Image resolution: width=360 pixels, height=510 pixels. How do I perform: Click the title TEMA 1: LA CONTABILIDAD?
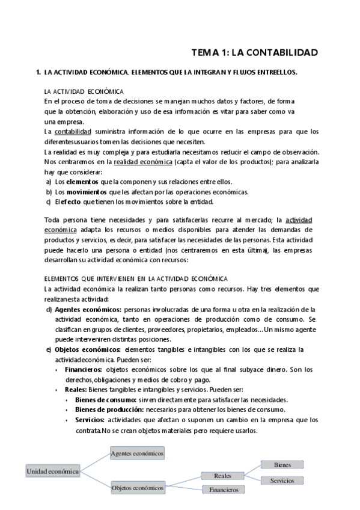coord(254,52)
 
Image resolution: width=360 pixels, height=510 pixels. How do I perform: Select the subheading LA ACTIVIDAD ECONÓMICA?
coord(84,91)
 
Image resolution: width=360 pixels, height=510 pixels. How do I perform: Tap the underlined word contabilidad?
coord(73,131)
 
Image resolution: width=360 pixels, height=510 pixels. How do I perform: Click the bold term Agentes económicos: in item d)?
coord(84,309)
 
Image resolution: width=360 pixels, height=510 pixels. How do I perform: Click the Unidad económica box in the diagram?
coord(52,472)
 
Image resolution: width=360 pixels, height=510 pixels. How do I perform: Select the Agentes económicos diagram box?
coord(137,452)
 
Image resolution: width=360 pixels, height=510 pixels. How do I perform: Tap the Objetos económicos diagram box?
coord(138,488)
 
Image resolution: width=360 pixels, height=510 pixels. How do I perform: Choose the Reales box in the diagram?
coord(222,476)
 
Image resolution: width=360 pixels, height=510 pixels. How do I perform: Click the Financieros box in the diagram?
coord(223,490)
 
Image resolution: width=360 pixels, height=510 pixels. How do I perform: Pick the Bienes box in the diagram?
coord(282,465)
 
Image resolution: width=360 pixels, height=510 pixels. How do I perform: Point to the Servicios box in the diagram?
coord(282,481)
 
